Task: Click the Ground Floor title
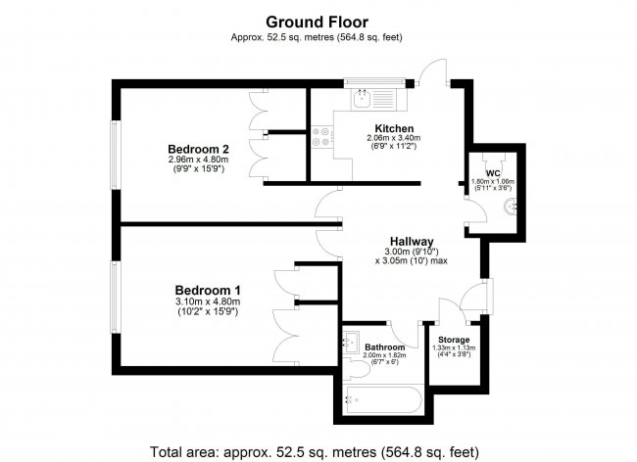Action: (x=317, y=22)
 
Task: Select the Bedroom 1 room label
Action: (x=208, y=291)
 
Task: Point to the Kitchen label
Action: (x=394, y=128)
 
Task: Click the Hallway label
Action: (x=412, y=242)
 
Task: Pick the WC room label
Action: (x=493, y=173)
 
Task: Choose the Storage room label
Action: (x=454, y=340)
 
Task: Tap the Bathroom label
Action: (x=385, y=347)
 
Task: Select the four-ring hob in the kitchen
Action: (x=322, y=136)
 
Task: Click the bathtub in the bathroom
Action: (x=382, y=400)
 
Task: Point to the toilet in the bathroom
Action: (x=356, y=368)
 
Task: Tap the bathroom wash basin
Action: (x=351, y=343)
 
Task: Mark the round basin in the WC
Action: (x=511, y=207)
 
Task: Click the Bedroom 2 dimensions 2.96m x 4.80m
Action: (x=198, y=160)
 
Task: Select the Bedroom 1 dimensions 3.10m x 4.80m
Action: (x=208, y=302)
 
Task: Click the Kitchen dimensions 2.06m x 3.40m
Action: (x=393, y=138)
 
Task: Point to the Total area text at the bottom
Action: (x=315, y=452)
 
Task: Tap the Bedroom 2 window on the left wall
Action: (x=115, y=155)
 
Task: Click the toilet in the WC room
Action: (x=493, y=162)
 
